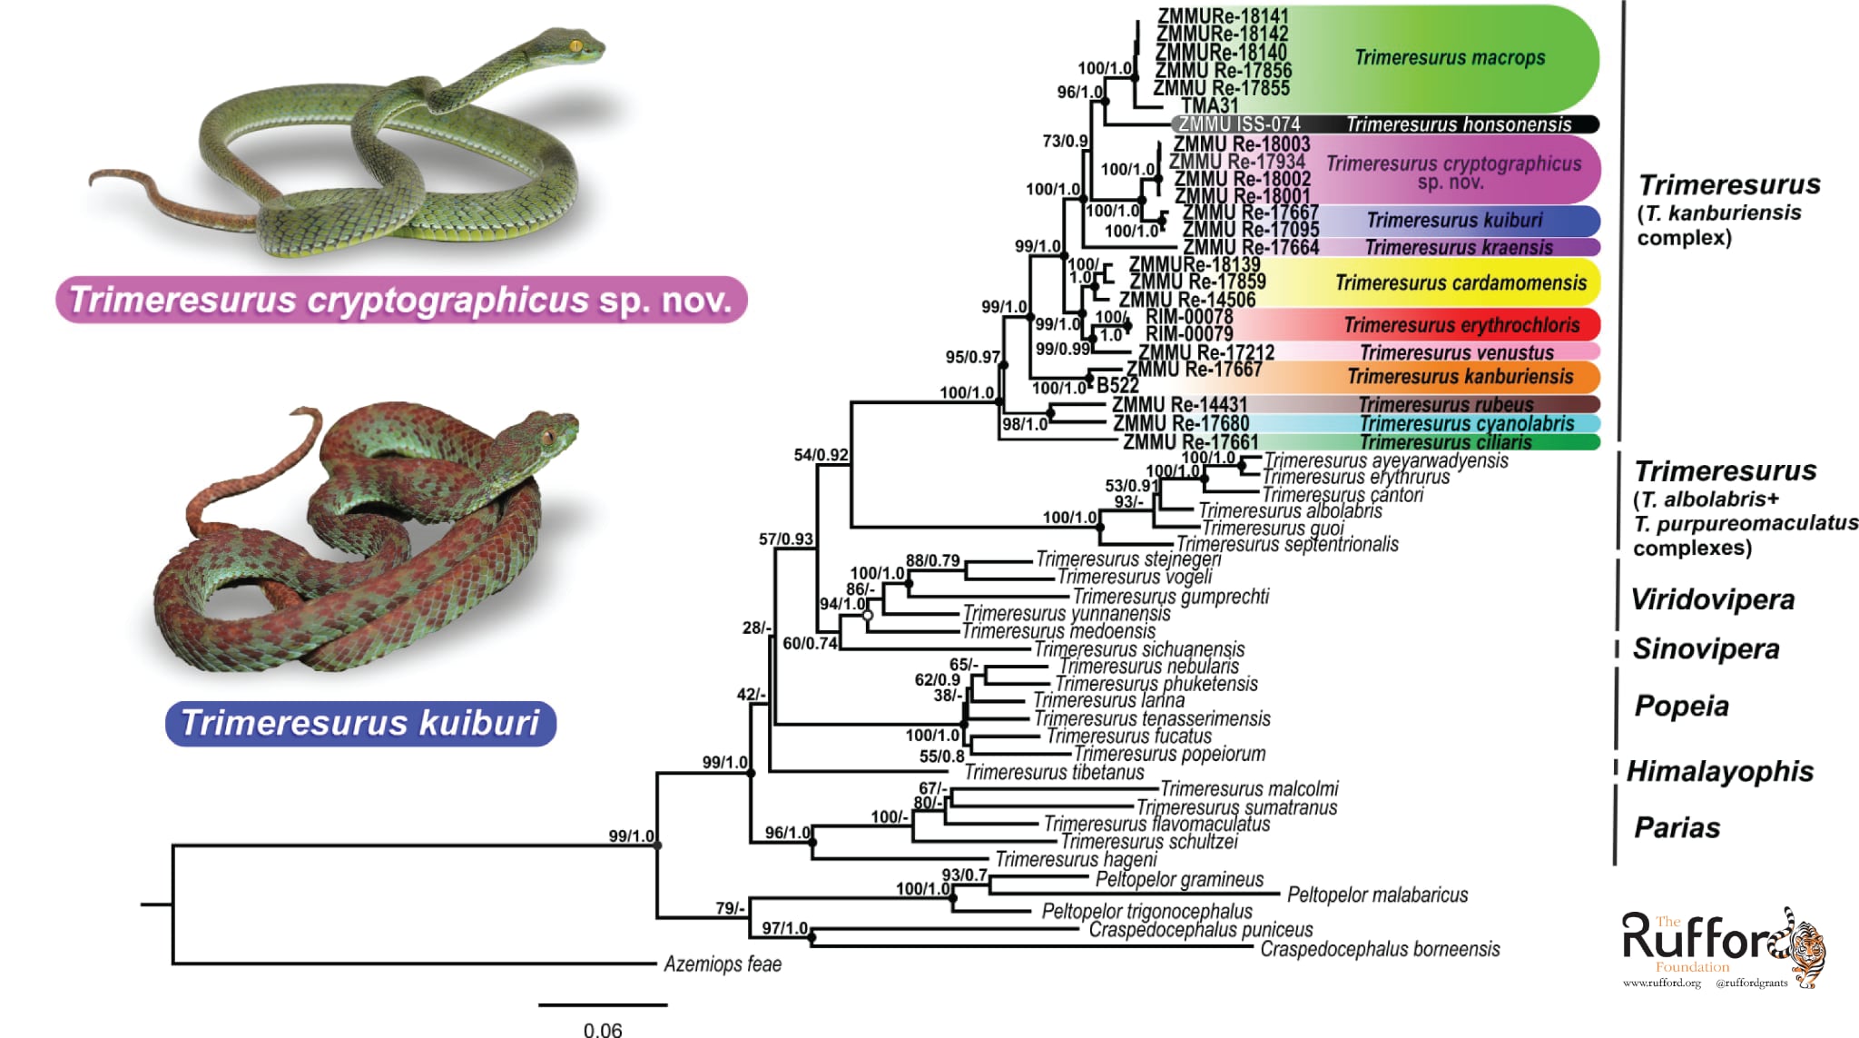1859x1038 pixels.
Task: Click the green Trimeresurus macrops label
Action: [1450, 58]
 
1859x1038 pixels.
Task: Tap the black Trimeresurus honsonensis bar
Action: [1458, 124]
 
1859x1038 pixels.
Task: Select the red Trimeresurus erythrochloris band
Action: [1461, 325]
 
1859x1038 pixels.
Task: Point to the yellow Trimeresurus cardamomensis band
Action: [1461, 282]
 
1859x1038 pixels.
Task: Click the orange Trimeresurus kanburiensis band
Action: [1460, 376]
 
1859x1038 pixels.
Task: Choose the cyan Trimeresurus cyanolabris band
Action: [1467, 423]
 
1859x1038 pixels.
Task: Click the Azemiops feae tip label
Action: [723, 964]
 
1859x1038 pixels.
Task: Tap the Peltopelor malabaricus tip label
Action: [1377, 895]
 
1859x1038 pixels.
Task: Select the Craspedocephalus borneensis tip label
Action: [1380, 949]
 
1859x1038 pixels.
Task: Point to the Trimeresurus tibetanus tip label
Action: [1054, 772]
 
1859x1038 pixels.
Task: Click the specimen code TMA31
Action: [1209, 105]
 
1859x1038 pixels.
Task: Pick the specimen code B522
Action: [1117, 385]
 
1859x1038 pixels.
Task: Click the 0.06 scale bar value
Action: [603, 1029]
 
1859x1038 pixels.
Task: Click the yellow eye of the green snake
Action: [575, 45]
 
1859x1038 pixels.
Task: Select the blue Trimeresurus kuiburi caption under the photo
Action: [360, 723]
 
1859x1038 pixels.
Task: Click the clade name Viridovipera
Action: [1712, 599]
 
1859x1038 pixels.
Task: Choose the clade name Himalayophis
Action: [1719, 771]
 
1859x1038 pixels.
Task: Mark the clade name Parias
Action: [1677, 827]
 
